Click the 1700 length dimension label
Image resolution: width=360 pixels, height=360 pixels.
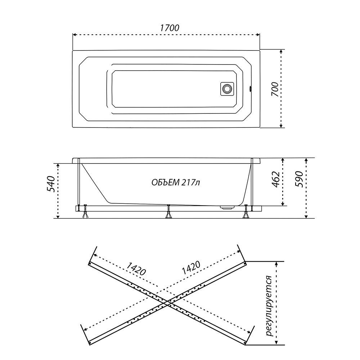pyautogui.click(x=170, y=28)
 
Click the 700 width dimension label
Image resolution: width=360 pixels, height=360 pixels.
pyautogui.click(x=275, y=89)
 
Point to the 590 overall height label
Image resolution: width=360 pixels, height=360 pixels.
pyautogui.click(x=299, y=179)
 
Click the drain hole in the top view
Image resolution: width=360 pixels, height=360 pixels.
pyautogui.click(x=227, y=89)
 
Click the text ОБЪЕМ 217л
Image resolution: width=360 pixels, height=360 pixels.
pyautogui.click(x=176, y=183)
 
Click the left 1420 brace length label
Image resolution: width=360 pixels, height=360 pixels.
pyautogui.click(x=136, y=268)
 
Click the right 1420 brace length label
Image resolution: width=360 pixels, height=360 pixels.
pyautogui.click(x=191, y=268)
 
